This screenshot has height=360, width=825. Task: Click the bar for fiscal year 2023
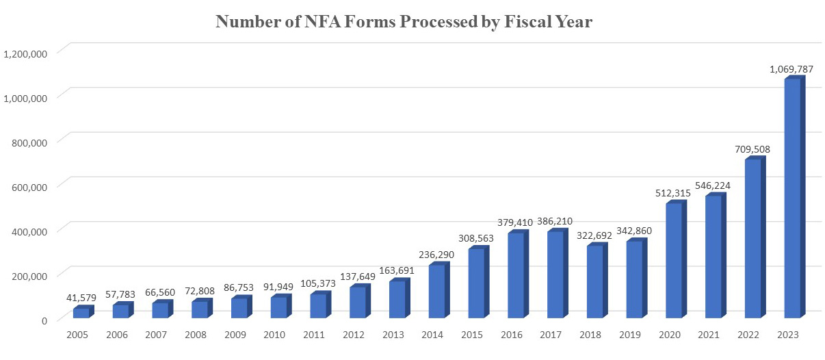pos(793,198)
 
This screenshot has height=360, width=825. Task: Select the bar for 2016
pos(516,275)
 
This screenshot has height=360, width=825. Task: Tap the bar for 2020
pos(675,261)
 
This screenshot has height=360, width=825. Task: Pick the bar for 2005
pos(81,313)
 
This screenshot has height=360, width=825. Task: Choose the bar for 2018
pos(595,281)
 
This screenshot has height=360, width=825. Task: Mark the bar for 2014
pos(437,291)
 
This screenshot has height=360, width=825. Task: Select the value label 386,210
pos(555,221)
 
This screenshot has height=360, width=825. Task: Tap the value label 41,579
pos(80,297)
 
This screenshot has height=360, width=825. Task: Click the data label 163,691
pos(397,270)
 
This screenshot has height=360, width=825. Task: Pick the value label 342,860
pos(634,231)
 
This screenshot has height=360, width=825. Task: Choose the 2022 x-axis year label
pos(752,335)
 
